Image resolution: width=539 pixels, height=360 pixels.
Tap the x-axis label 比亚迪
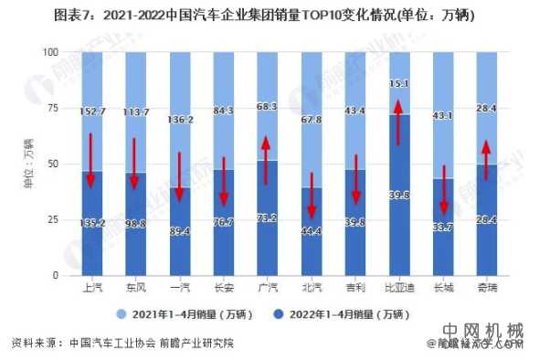point(399,288)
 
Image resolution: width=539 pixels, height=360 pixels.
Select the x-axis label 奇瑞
point(487,288)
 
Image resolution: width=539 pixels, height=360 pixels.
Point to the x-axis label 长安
point(223,288)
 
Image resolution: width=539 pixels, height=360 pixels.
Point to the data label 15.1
point(399,84)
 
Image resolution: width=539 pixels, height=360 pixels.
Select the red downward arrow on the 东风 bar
point(134,164)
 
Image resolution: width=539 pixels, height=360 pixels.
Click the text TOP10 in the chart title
point(338,16)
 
